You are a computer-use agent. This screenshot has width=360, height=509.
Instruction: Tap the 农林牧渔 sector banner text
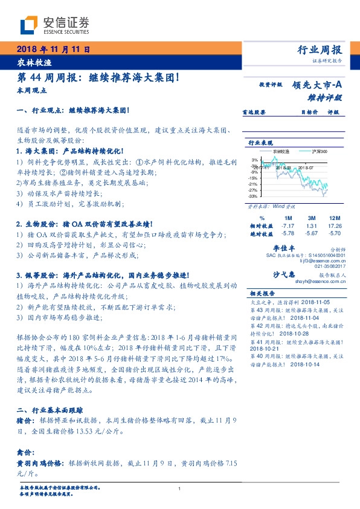click(34, 62)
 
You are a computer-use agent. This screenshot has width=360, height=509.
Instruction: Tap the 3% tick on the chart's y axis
click(255, 160)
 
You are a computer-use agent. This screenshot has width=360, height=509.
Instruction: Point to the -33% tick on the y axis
click(253, 196)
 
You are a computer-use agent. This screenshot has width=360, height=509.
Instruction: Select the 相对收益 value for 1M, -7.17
click(287, 225)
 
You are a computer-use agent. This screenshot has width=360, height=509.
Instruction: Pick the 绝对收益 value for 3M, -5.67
click(312, 233)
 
